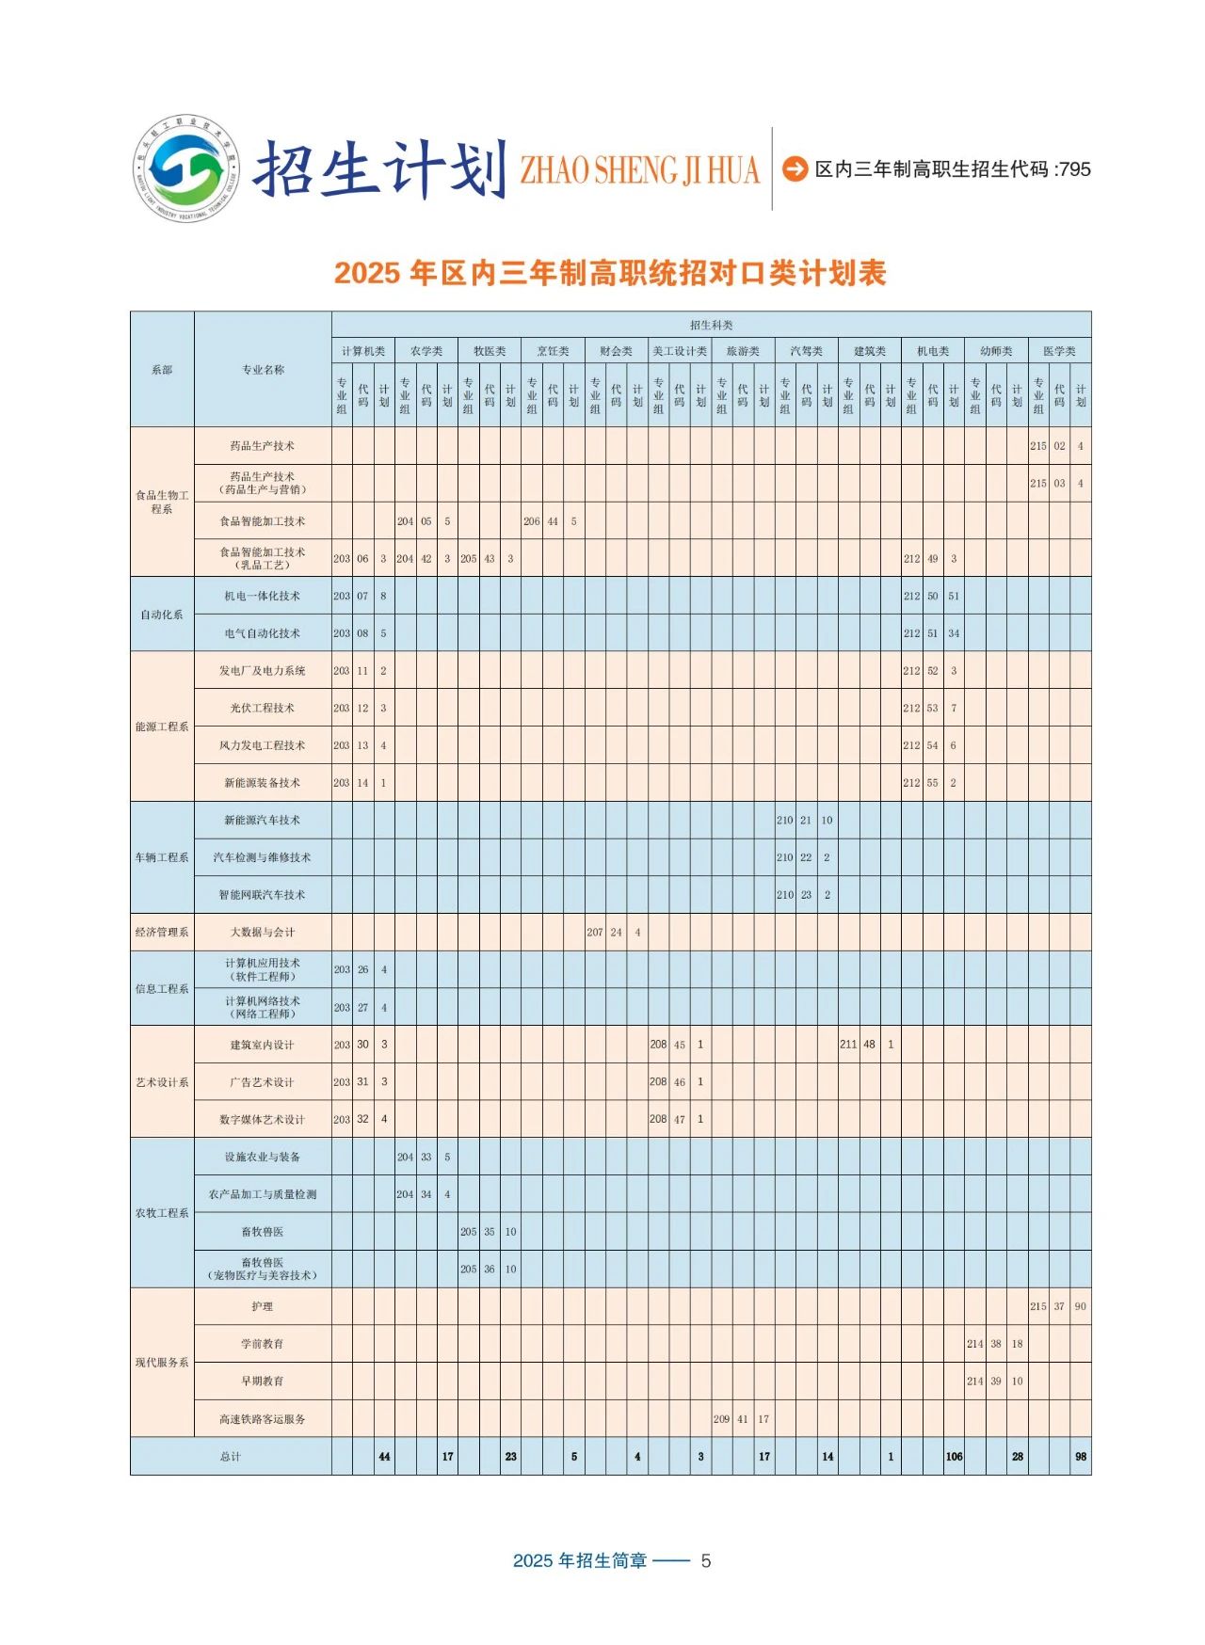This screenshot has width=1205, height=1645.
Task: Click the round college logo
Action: coord(186,169)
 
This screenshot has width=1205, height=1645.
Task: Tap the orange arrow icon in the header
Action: coord(795,168)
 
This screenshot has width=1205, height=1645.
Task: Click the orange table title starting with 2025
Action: coord(610,273)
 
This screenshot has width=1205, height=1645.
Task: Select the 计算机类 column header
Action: coord(363,351)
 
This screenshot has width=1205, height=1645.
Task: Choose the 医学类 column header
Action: coord(1059,351)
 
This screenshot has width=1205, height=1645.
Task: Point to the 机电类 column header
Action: coord(933,351)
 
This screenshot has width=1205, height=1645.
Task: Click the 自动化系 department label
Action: coord(162,615)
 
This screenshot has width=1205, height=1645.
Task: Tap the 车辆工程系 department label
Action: coord(162,857)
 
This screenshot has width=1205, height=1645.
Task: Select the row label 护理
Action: coord(263,1306)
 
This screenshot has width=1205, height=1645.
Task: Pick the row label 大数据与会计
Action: coord(263,932)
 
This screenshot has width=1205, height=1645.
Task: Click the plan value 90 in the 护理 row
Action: coord(1080,1306)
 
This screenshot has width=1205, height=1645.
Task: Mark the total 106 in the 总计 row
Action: coord(954,1456)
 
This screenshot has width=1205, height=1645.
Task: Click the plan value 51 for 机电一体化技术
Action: coord(954,596)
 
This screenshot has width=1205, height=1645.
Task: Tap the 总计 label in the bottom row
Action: coord(231,1456)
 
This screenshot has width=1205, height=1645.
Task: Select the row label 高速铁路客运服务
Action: coord(263,1419)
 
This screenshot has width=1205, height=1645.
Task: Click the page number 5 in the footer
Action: coord(706,1560)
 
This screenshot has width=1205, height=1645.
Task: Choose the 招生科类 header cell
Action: coord(711,325)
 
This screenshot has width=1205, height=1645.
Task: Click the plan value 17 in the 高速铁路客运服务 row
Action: coord(763,1419)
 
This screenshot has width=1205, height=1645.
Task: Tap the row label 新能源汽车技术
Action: coord(263,820)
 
